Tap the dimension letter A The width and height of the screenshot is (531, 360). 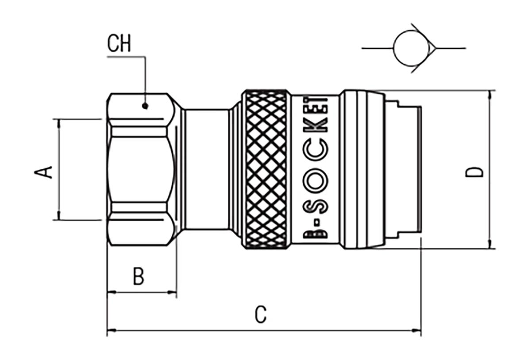point(44,172)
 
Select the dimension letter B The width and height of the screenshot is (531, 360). point(139,276)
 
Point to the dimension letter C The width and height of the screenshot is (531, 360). point(261,314)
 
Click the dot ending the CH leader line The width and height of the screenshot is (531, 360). point(145,106)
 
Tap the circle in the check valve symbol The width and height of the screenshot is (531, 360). point(411,48)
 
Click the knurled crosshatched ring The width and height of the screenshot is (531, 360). point(266,169)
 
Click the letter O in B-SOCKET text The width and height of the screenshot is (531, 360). point(317,179)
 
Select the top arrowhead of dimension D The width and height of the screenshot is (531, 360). point(490,94)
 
